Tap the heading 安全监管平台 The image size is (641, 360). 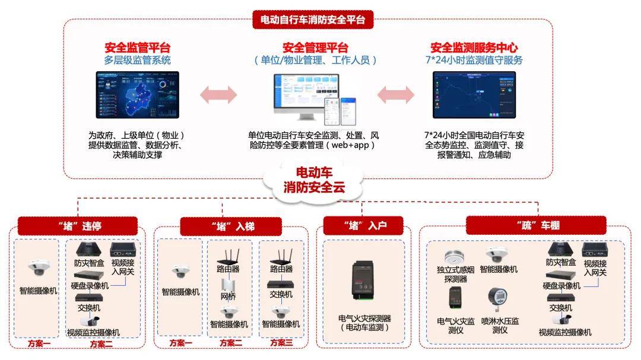(137, 48)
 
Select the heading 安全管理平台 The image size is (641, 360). (315, 48)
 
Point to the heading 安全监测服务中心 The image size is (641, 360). (474, 48)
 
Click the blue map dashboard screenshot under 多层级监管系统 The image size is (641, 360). (137, 95)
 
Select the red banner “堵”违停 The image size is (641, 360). (77, 226)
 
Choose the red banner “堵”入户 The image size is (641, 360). (364, 225)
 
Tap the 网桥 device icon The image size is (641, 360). (229, 284)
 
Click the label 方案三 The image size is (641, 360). (282, 343)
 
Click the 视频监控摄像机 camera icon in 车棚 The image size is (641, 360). (560, 319)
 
